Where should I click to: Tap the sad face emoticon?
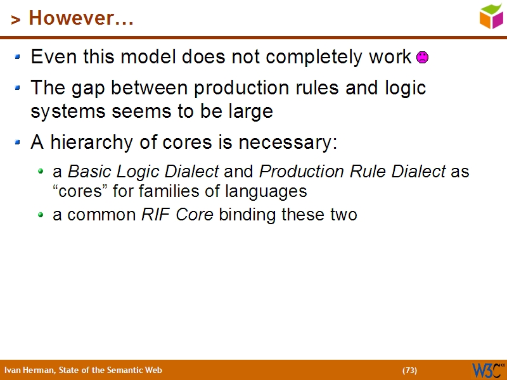coord(422,58)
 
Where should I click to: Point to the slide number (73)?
coord(409,370)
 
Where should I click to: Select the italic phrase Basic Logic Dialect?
coord(143,172)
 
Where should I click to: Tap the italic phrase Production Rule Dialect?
coord(352,172)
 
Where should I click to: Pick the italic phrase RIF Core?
coord(177,215)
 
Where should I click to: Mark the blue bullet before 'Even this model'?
coord(18,57)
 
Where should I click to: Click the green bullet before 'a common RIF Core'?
coord(41,215)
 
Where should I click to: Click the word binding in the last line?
coord(248,215)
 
